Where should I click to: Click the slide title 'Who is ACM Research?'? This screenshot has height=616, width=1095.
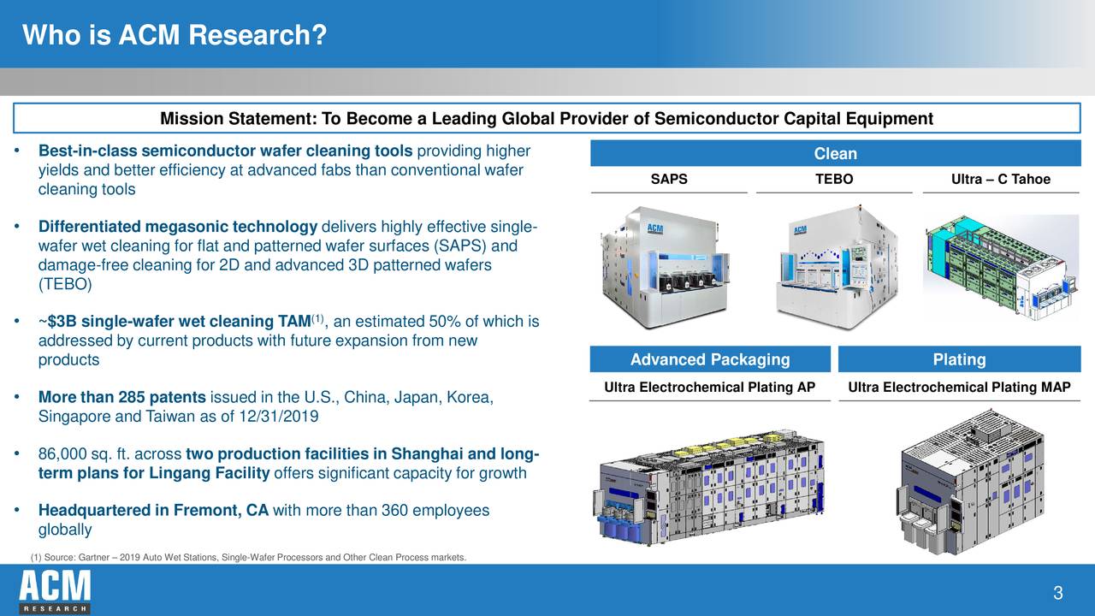pos(175,36)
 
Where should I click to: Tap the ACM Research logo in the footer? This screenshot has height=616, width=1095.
pos(55,591)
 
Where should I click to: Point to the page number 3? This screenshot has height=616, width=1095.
pos(1058,594)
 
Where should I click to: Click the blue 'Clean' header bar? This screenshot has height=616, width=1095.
pos(835,154)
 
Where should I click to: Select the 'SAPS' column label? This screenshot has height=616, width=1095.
pos(668,180)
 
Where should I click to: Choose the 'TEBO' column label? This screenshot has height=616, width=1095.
pos(834,180)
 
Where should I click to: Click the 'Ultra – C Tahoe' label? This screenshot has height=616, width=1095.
pos(1000,180)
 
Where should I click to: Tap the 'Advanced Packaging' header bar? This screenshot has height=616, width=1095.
pos(709,359)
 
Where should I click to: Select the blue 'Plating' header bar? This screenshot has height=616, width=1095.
pos(959,359)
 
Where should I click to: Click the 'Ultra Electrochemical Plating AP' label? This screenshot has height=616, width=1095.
pos(709,388)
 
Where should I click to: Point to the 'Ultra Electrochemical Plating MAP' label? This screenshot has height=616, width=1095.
pos(959,388)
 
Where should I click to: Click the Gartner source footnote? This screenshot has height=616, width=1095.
pos(248,559)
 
